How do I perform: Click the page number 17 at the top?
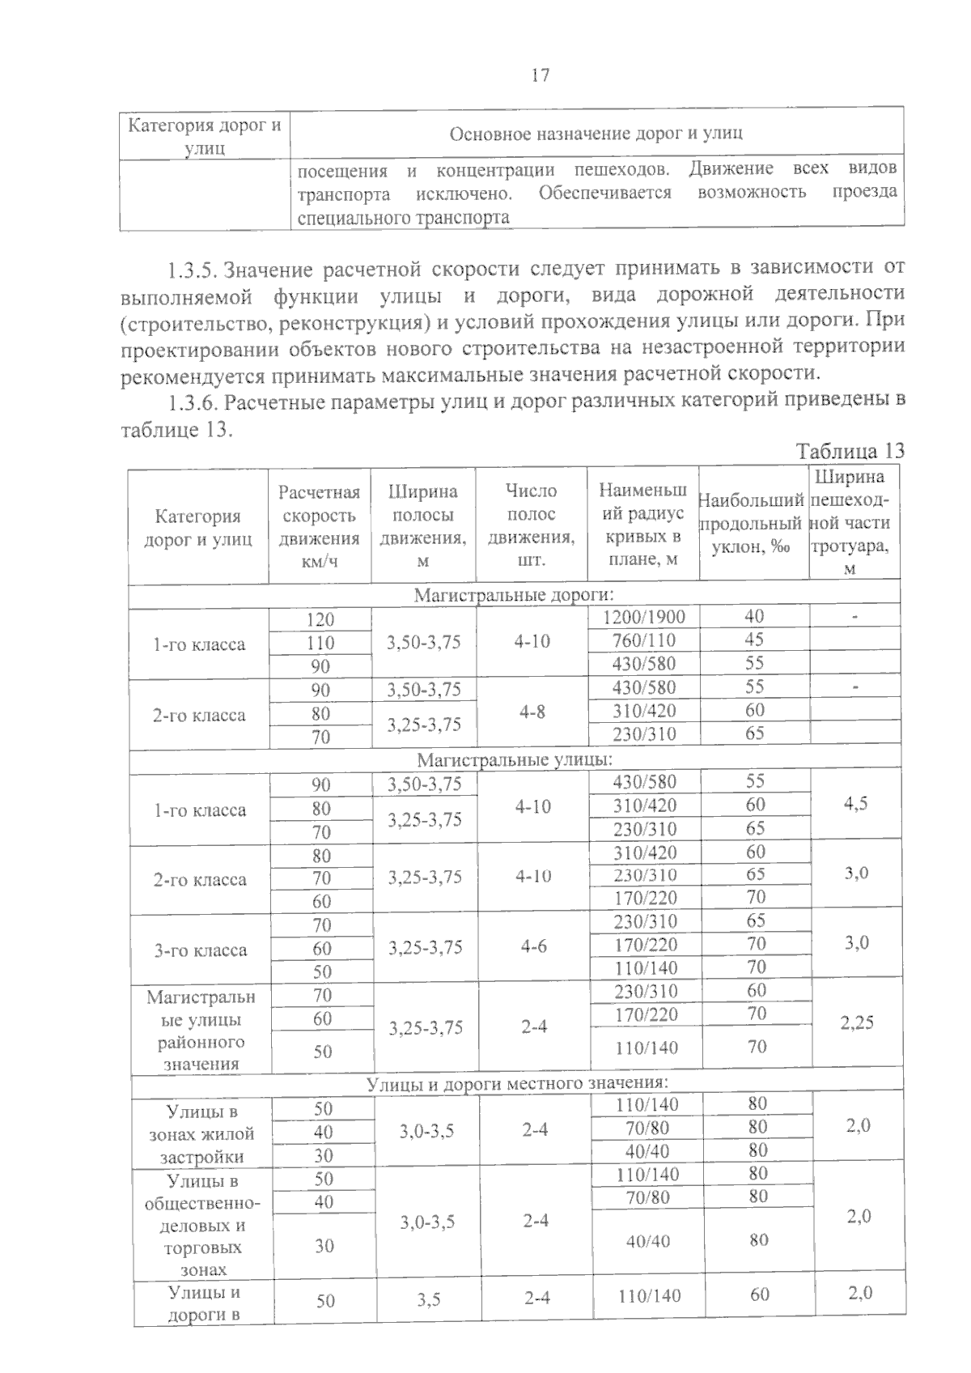[541, 75]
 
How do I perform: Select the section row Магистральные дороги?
[514, 596]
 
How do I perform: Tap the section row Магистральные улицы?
[515, 760]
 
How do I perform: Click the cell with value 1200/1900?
[645, 617]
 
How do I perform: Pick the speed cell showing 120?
[320, 620]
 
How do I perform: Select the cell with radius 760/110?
[644, 640]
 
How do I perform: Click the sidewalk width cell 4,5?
[856, 804]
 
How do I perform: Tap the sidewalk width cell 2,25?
[856, 1022]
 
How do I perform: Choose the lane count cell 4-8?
[532, 712]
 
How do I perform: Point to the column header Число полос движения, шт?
[532, 525]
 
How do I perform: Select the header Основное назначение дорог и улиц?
[596, 134]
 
